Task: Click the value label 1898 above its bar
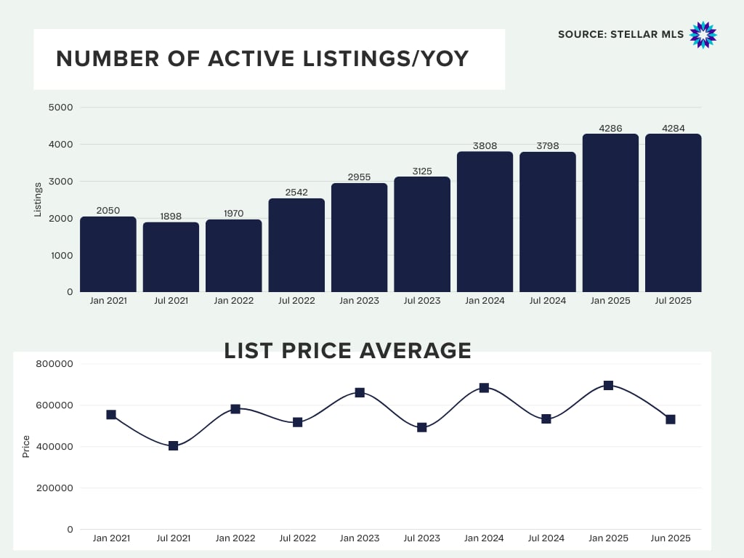click(171, 216)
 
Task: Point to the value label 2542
click(296, 193)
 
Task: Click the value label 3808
click(485, 146)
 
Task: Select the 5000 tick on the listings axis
click(61, 108)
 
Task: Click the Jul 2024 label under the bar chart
click(548, 301)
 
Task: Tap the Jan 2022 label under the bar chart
click(234, 301)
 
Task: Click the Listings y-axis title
click(38, 199)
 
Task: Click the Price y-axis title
click(26, 446)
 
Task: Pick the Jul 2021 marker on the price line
click(173, 445)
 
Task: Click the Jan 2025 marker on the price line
click(608, 385)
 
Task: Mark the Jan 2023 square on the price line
click(360, 392)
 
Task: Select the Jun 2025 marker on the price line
click(671, 419)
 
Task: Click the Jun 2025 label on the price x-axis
click(671, 538)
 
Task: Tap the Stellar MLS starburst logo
click(703, 35)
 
